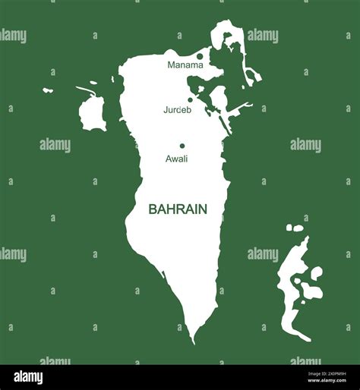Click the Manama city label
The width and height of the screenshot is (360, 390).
(x=185, y=65)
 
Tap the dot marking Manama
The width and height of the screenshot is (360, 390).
(x=200, y=56)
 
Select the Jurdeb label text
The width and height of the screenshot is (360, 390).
(x=177, y=110)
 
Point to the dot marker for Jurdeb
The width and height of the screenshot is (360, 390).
(x=190, y=99)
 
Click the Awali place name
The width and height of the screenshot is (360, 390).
(x=176, y=159)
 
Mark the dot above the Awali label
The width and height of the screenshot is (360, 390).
(x=182, y=146)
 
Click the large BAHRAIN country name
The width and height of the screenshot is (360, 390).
(x=178, y=208)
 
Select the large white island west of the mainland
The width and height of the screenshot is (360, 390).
(x=92, y=114)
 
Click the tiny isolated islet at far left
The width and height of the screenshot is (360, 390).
(x=48, y=90)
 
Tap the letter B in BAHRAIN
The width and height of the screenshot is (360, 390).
(x=153, y=208)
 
